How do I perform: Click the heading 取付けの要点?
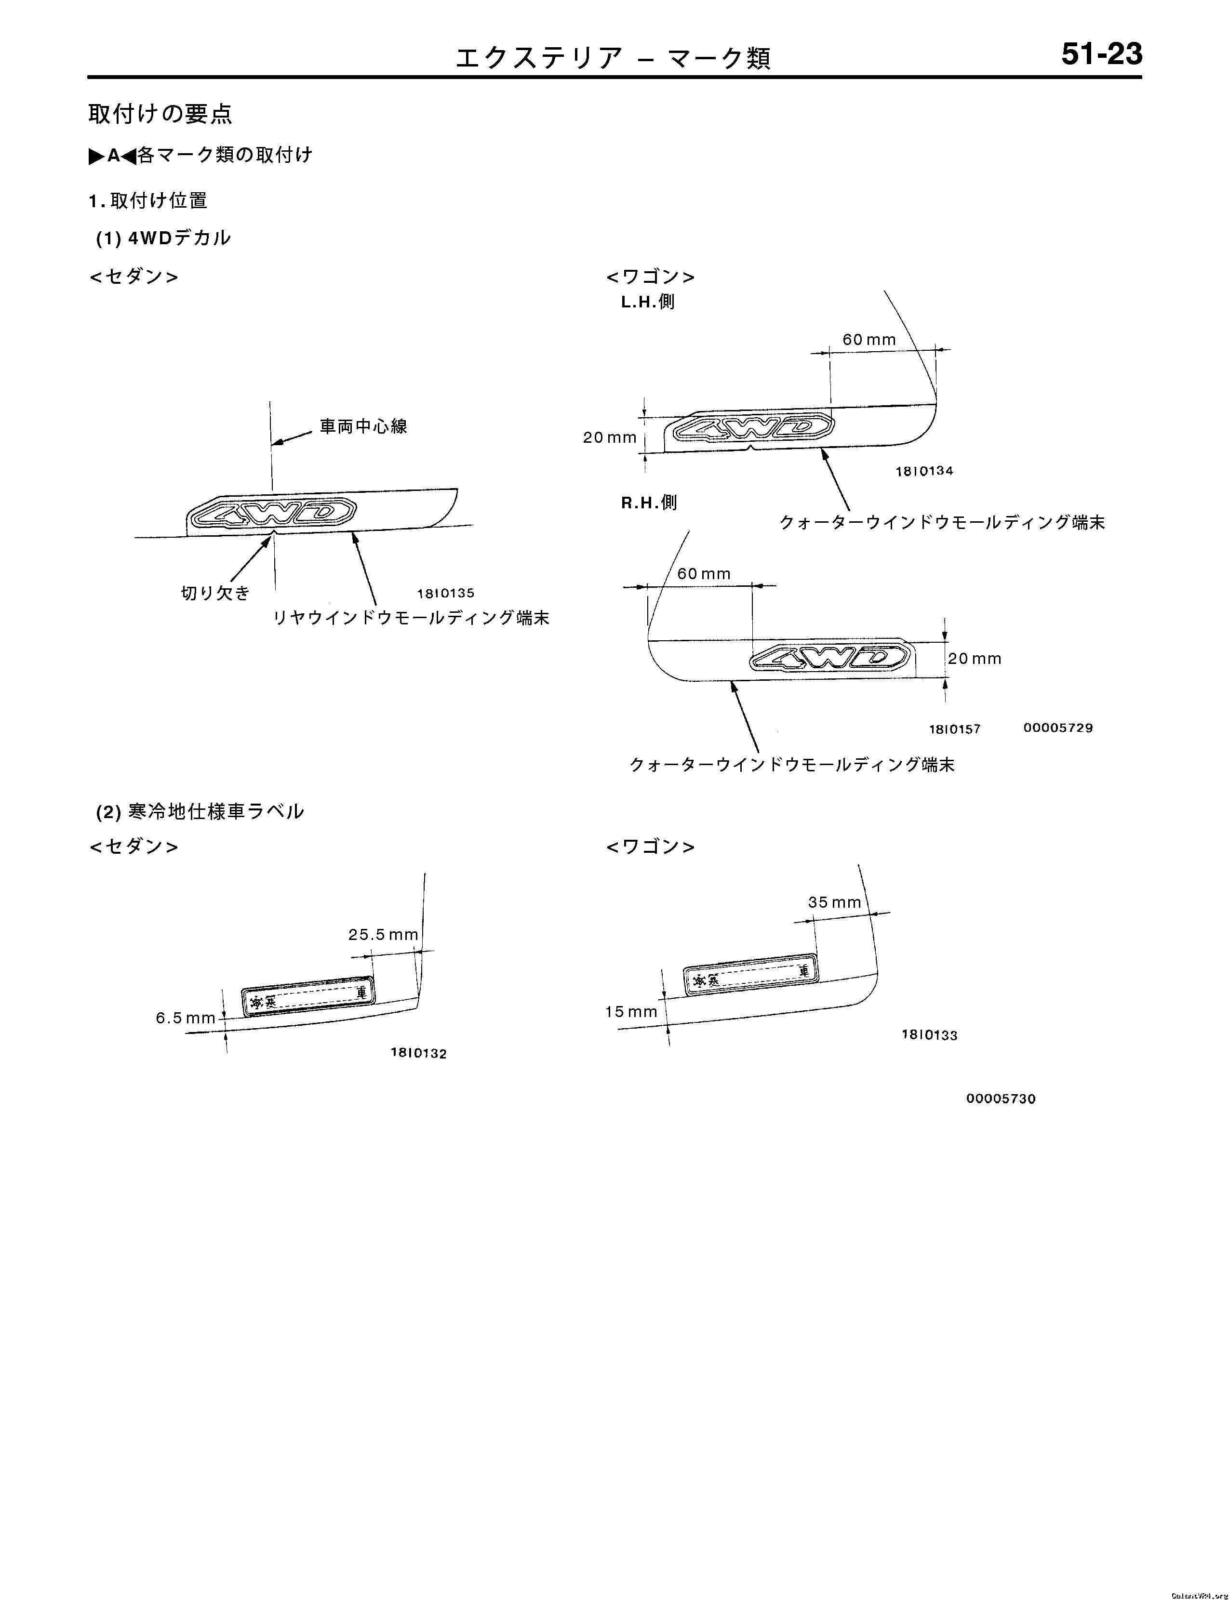pyautogui.click(x=160, y=114)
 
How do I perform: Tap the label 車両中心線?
pyautogui.click(x=363, y=426)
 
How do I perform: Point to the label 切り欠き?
pyautogui.click(x=215, y=593)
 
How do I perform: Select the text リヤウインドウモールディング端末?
pyautogui.click(x=411, y=618)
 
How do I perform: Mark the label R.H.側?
pyautogui.click(x=649, y=503)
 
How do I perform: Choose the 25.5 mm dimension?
pyautogui.click(x=383, y=934)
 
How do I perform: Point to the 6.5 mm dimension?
pyautogui.click(x=185, y=1018)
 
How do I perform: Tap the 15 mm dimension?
pyautogui.click(x=630, y=1011)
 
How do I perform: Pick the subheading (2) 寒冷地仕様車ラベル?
pyautogui.click(x=200, y=811)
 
